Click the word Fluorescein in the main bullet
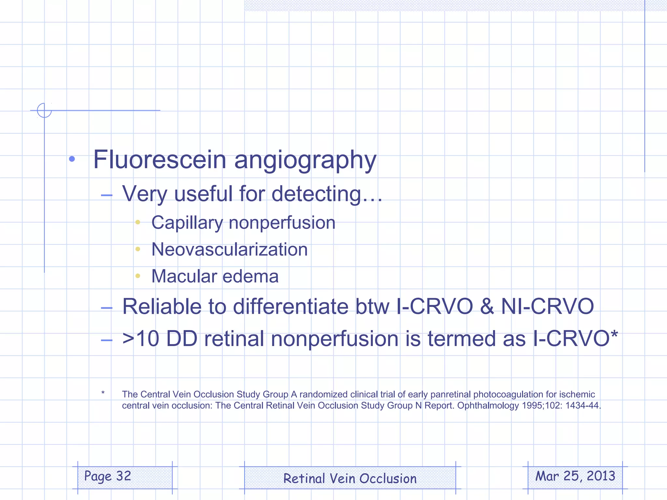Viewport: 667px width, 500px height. coord(160,160)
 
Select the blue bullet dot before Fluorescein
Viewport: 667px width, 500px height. coord(72,159)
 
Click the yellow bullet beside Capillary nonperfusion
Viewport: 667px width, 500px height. coord(138,222)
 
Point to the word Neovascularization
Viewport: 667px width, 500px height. coord(230,249)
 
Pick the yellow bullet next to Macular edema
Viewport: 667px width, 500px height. coord(138,276)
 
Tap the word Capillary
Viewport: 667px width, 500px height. coord(187,223)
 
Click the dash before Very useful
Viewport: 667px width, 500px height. coord(106,195)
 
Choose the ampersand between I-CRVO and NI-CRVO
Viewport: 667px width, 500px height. coord(487,307)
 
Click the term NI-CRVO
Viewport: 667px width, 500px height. coord(547,307)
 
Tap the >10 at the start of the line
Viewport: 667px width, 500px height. coord(140,339)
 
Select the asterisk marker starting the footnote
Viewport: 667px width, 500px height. coord(103,393)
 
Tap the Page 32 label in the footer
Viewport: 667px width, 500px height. coord(108,476)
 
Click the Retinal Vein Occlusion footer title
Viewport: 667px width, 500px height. coord(350,479)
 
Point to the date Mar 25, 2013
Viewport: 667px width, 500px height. coord(575,476)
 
